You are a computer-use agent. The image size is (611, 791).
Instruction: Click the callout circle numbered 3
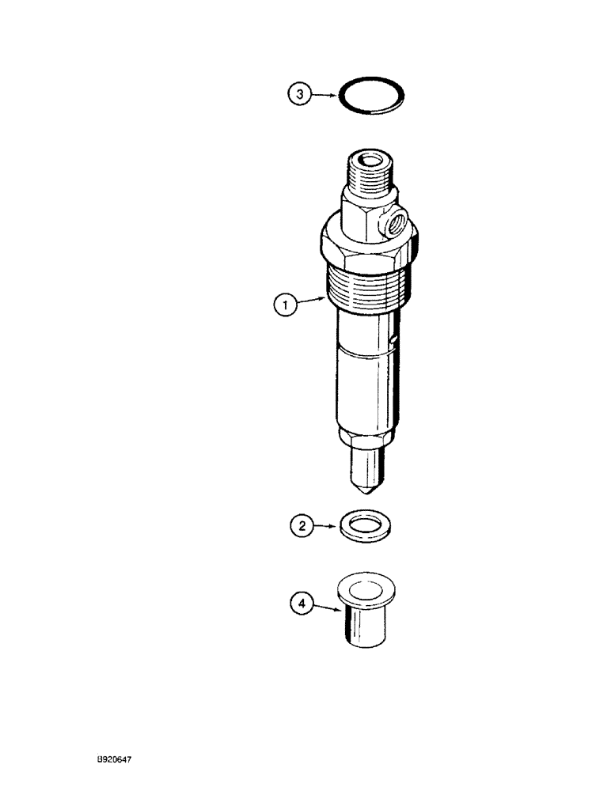299,95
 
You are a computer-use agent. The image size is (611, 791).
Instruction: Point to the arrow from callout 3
325,95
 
